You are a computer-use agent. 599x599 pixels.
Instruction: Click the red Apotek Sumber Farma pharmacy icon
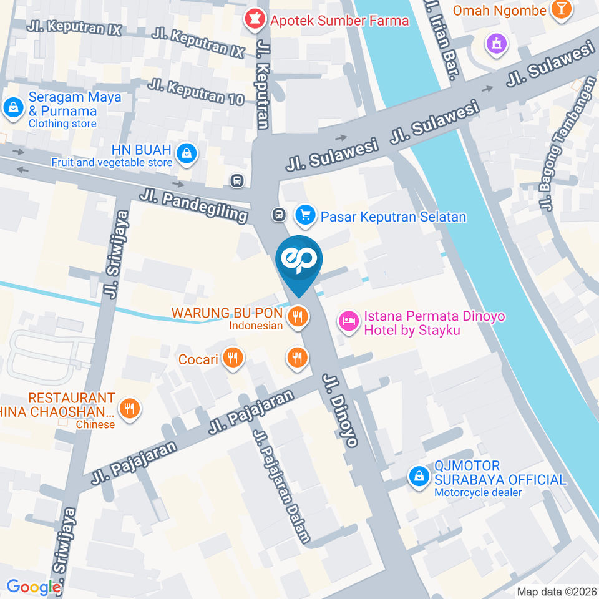(x=254, y=20)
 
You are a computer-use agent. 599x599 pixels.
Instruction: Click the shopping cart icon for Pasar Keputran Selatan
(x=304, y=216)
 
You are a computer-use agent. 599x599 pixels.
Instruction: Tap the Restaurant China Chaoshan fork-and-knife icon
(x=129, y=409)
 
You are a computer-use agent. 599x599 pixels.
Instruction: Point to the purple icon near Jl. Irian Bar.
(x=497, y=44)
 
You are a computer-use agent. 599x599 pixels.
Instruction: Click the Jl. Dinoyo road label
(x=341, y=410)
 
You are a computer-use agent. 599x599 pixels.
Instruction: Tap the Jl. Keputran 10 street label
(x=196, y=91)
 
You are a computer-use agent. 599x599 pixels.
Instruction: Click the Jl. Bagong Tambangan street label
(x=564, y=144)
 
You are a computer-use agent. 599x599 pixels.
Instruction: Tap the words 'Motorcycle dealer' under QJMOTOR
(x=478, y=493)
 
